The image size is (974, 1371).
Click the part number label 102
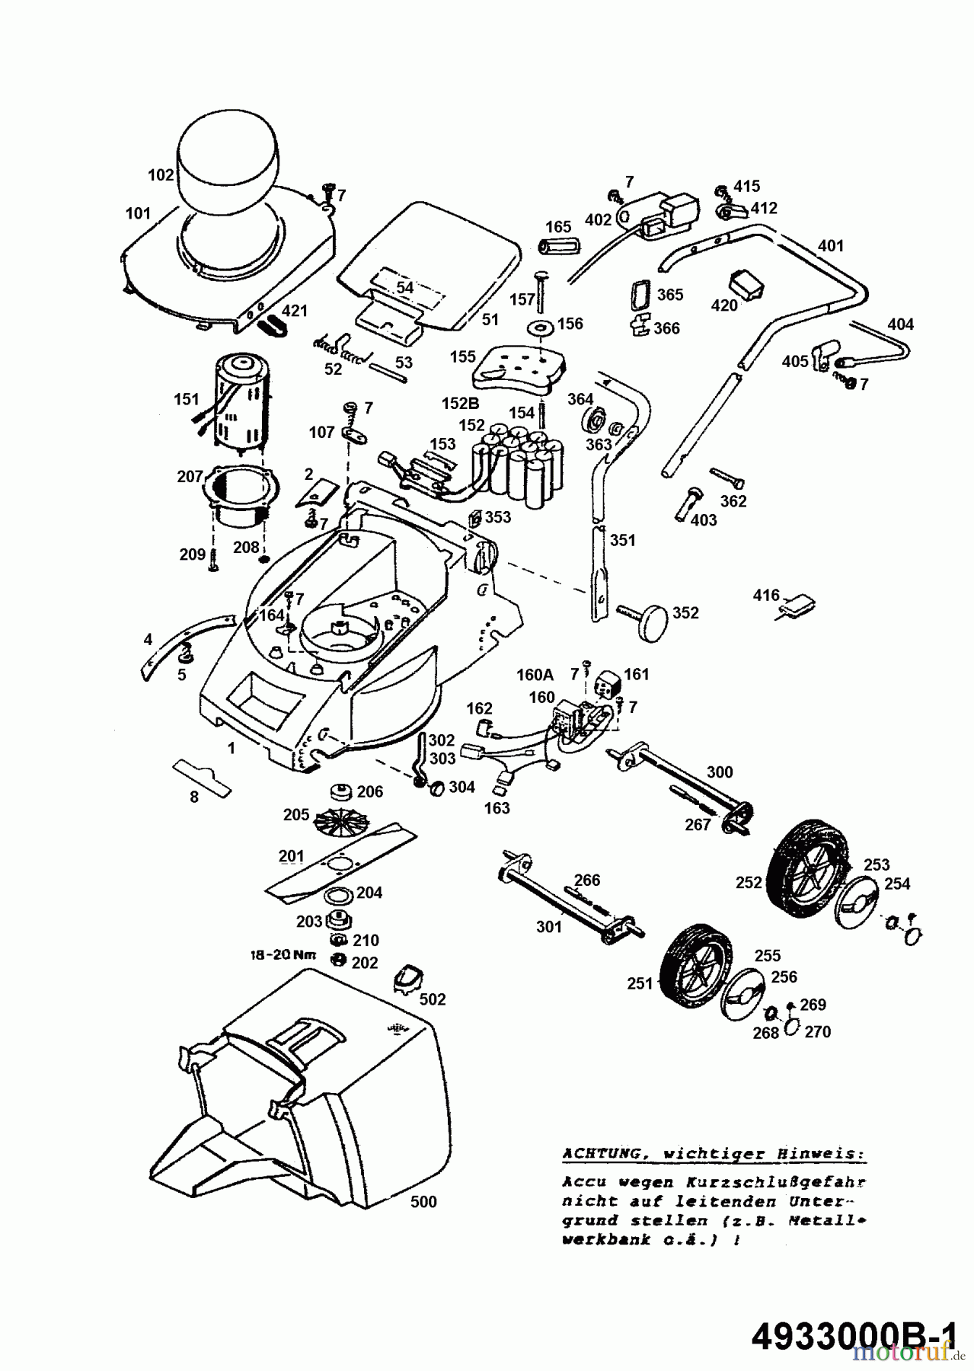tap(161, 175)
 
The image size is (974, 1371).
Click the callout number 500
tap(423, 1202)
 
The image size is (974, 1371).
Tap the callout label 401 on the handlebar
tap(831, 246)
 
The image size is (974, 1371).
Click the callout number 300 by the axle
tap(719, 772)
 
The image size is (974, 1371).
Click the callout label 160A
tap(534, 674)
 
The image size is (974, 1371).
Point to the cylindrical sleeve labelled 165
tap(557, 247)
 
